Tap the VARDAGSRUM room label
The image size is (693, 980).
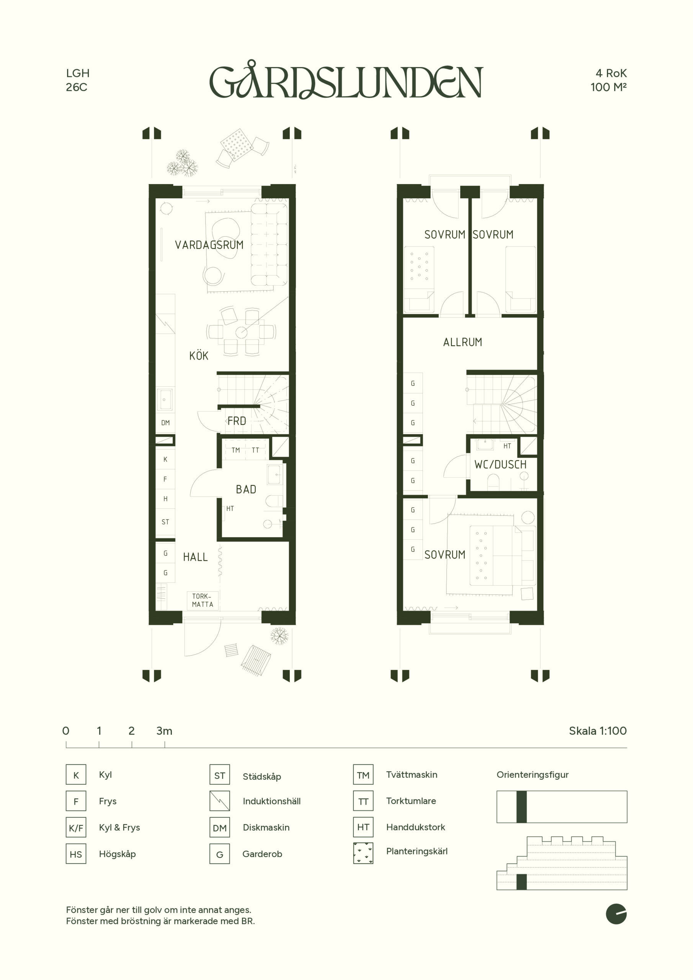click(x=209, y=245)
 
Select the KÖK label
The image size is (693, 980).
click(x=199, y=356)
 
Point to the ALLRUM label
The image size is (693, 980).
click(x=463, y=342)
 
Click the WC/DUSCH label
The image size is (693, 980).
click(x=500, y=465)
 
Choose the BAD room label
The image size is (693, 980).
click(x=246, y=490)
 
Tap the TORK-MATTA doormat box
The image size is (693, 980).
click(x=203, y=600)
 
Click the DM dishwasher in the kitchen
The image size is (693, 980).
click(x=165, y=423)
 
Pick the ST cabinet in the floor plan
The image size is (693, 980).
click(x=165, y=522)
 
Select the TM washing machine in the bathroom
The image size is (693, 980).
click(x=236, y=450)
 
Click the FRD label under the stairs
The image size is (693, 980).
click(x=237, y=421)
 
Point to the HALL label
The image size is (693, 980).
click(x=195, y=557)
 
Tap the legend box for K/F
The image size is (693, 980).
click(x=76, y=828)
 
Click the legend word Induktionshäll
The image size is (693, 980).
click(x=271, y=801)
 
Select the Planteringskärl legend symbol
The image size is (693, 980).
click(x=363, y=853)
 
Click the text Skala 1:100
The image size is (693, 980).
click(x=598, y=731)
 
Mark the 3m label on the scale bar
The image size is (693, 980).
click(x=164, y=731)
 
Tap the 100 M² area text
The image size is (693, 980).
click(x=608, y=87)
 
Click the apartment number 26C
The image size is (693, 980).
click(x=77, y=87)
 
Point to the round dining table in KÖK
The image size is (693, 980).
click(x=241, y=331)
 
